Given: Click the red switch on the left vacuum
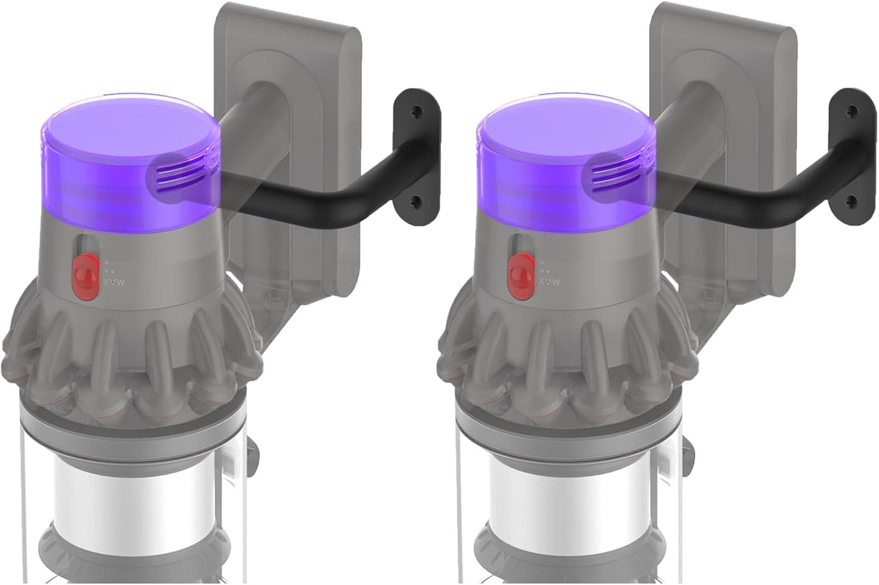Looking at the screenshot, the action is point(85,277).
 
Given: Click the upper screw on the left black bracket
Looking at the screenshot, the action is point(417,112).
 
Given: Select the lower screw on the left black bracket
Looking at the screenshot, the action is point(416,202).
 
